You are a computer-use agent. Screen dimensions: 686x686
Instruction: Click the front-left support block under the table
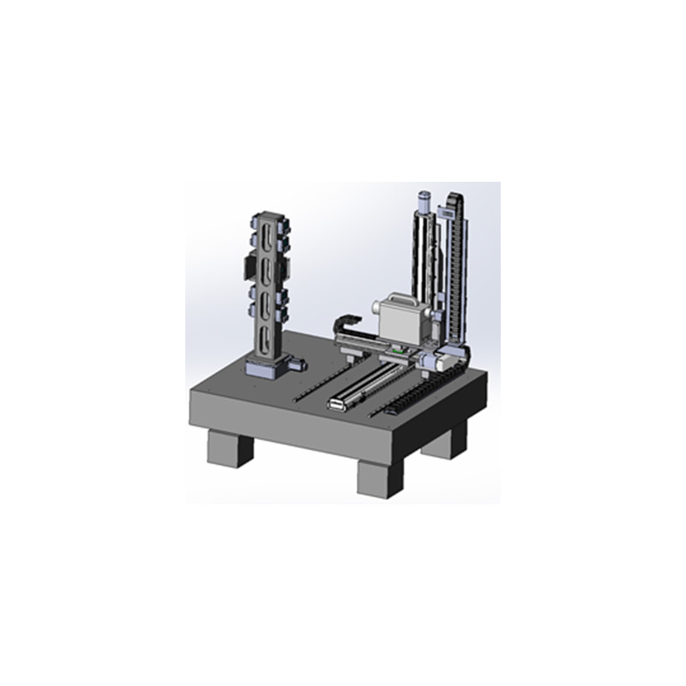tap(230, 448)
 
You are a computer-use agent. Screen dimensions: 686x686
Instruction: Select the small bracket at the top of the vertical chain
tap(448, 209)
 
